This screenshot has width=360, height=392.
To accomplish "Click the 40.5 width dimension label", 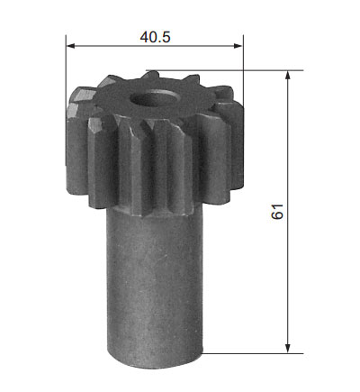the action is coord(155,37).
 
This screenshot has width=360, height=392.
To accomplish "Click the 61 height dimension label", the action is coord(277,212).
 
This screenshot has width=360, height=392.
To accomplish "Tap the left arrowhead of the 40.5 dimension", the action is coord(70,46).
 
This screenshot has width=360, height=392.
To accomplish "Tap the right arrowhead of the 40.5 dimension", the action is coord(238,46).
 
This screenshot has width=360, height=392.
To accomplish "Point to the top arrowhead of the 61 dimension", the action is coord(288,75).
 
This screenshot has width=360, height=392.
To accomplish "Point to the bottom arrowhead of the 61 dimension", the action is coord(288,349).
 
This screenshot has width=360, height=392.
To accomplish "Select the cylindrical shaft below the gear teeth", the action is coord(155,286).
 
